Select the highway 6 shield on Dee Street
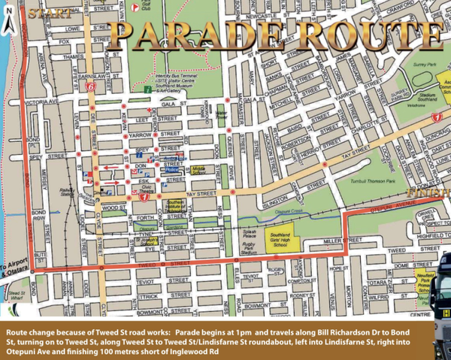coord(91,87)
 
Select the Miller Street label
coord(337,241)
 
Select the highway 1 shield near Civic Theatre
coord(143,197)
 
